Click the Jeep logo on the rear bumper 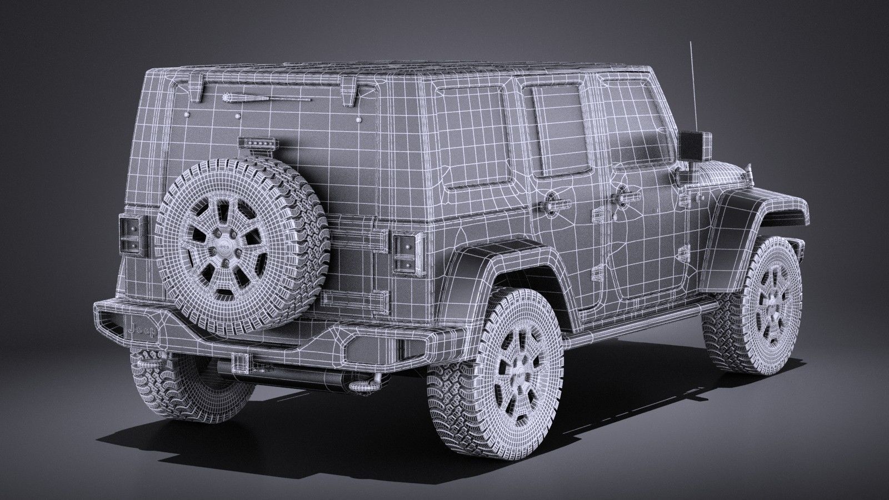tap(143, 331)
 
